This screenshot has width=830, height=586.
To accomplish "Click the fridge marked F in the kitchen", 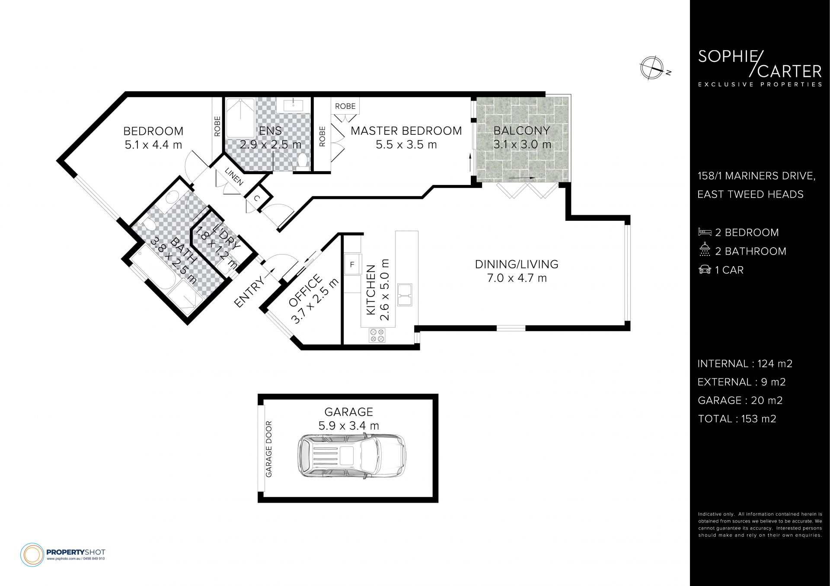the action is click(352, 264).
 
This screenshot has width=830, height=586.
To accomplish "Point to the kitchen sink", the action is click(405, 294).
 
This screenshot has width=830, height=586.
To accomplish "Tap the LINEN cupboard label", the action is click(233, 176).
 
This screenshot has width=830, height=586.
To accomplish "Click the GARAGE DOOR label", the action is click(269, 449).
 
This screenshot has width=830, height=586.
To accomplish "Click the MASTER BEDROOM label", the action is click(406, 131).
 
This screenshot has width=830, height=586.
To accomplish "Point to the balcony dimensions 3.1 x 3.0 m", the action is click(522, 144).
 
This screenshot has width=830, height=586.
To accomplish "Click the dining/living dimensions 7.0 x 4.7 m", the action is click(517, 278).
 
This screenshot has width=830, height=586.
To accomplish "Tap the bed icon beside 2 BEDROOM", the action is click(705, 232).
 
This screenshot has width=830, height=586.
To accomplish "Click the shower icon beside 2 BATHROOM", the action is click(705, 251).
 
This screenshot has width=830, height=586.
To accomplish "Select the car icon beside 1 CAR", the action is click(705, 270).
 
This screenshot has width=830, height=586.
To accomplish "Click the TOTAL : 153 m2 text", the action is click(737, 419).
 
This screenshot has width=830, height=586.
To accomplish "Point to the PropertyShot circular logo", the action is click(32, 554).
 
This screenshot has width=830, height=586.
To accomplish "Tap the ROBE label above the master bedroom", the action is click(345, 106).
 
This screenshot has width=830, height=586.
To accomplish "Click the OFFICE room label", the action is click(305, 290).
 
